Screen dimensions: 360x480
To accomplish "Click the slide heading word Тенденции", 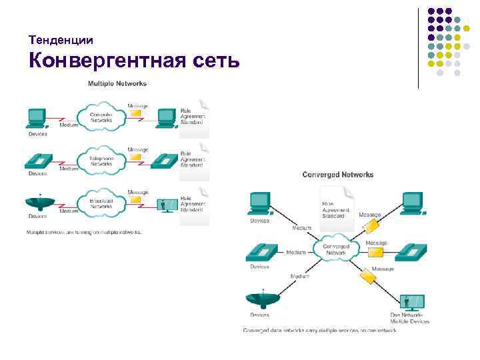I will [61, 41].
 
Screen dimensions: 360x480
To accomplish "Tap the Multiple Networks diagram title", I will [117, 83].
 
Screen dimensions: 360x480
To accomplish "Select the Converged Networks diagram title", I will [338, 175].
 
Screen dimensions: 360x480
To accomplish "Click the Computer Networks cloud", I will [101, 117].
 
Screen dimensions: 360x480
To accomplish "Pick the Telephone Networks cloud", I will [101, 159].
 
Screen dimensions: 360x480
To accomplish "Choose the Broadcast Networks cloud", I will [101, 202].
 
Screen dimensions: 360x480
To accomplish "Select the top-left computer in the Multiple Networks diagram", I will [37, 117].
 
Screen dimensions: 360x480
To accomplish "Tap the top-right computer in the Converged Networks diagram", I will [413, 202].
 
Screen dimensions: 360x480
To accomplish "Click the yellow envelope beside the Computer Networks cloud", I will [136, 114].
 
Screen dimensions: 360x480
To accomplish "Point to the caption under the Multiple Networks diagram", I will [84, 232].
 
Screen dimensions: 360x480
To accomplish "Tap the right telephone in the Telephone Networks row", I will [165, 161].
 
